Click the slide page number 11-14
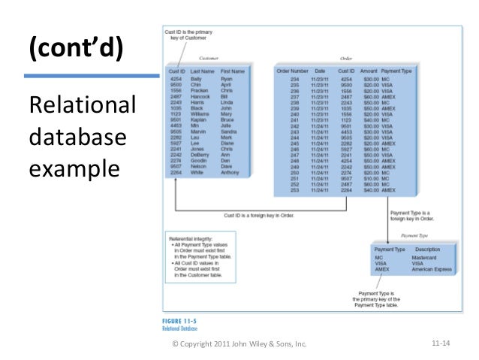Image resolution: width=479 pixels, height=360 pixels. pyautogui.click(x=440, y=344)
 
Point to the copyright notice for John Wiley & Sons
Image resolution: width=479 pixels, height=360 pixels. pyautogui.click(x=240, y=345)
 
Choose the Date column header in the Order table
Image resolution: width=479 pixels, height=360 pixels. pyautogui.click(x=320, y=71)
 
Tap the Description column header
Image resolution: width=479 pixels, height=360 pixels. pyautogui.click(x=427, y=249)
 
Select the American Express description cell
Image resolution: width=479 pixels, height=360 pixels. pyautogui.click(x=431, y=269)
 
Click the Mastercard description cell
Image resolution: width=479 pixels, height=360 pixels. pyautogui.click(x=424, y=258)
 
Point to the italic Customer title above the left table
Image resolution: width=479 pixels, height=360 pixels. pyautogui.click(x=208, y=58)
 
